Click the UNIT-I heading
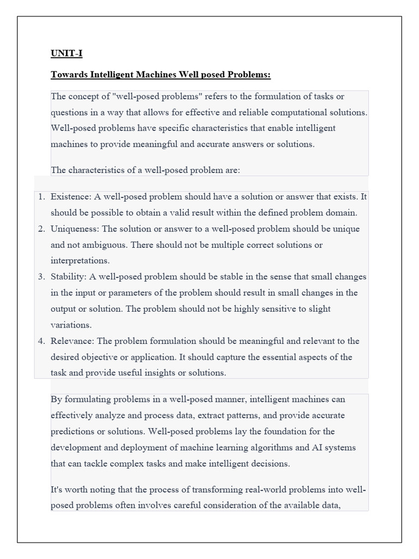67,53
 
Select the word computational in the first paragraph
298,112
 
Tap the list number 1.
41,197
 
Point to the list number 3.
41,277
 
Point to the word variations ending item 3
71,325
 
